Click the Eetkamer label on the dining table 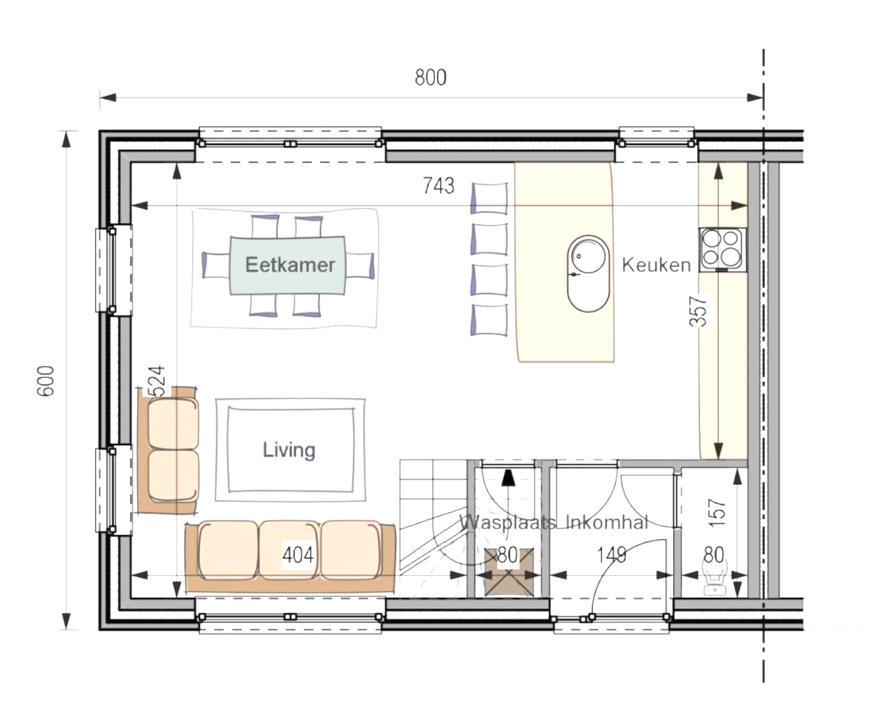(x=289, y=265)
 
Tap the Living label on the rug (x=289, y=449)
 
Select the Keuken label (x=656, y=265)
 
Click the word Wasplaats (x=507, y=522)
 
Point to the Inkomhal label (x=608, y=522)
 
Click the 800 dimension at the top (x=430, y=78)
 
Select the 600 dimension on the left (x=46, y=380)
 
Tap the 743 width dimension (x=438, y=186)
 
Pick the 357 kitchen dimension (x=698, y=310)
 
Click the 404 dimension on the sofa (x=298, y=554)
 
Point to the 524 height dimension (x=156, y=381)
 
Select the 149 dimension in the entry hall (x=611, y=554)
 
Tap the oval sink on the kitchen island (x=588, y=273)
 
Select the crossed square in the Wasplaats (x=509, y=573)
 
